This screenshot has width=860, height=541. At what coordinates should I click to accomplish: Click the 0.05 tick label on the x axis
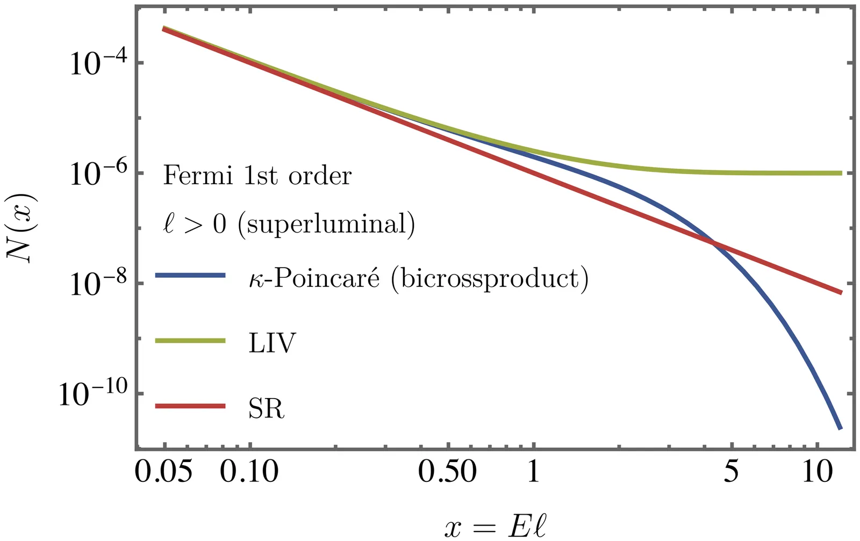point(163,472)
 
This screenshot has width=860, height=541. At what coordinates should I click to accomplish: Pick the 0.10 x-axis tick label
point(250,472)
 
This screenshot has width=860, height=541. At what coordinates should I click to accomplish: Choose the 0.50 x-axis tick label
point(447,472)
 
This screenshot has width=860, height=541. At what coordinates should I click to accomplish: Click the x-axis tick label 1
point(533,472)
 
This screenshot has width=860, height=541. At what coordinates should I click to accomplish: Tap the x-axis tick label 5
point(731,472)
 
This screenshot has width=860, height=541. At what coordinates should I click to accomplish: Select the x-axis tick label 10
point(817,472)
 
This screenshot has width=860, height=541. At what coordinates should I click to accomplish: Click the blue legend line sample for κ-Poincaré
point(190,276)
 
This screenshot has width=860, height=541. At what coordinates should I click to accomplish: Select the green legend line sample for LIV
point(190,341)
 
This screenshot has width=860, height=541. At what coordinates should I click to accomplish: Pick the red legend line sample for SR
point(190,406)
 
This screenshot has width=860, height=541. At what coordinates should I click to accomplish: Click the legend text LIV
point(272,343)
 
